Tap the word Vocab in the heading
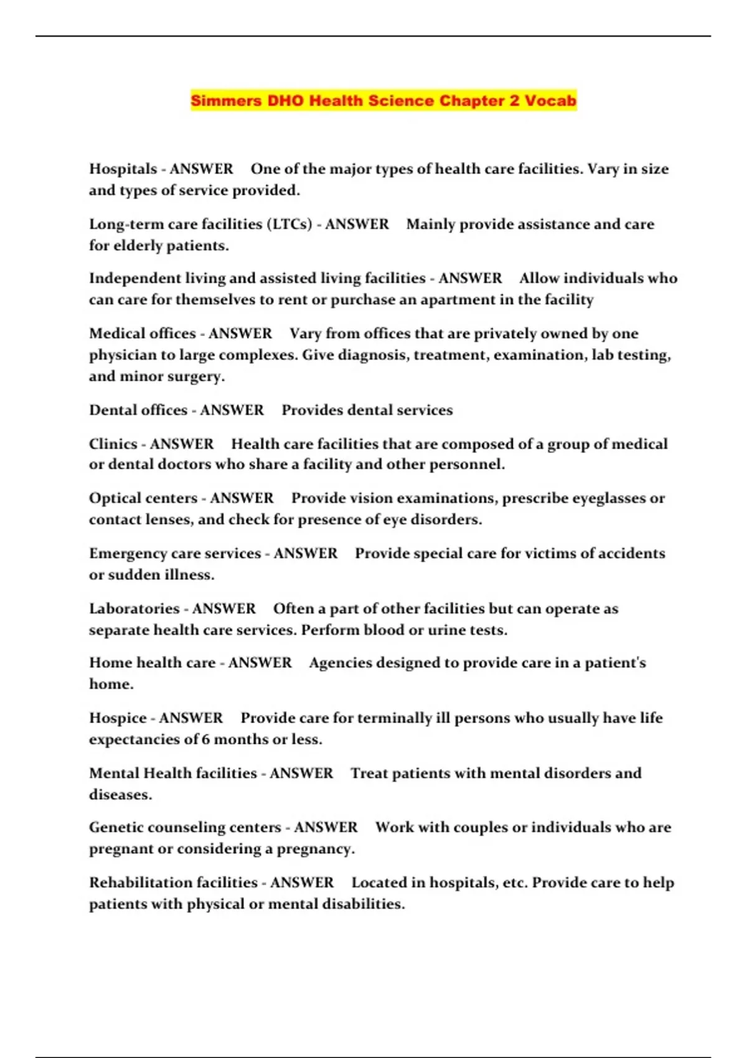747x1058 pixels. click(550, 101)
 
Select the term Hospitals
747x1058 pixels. click(123, 169)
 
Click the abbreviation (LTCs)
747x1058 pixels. click(289, 224)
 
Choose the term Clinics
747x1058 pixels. click(113, 444)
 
